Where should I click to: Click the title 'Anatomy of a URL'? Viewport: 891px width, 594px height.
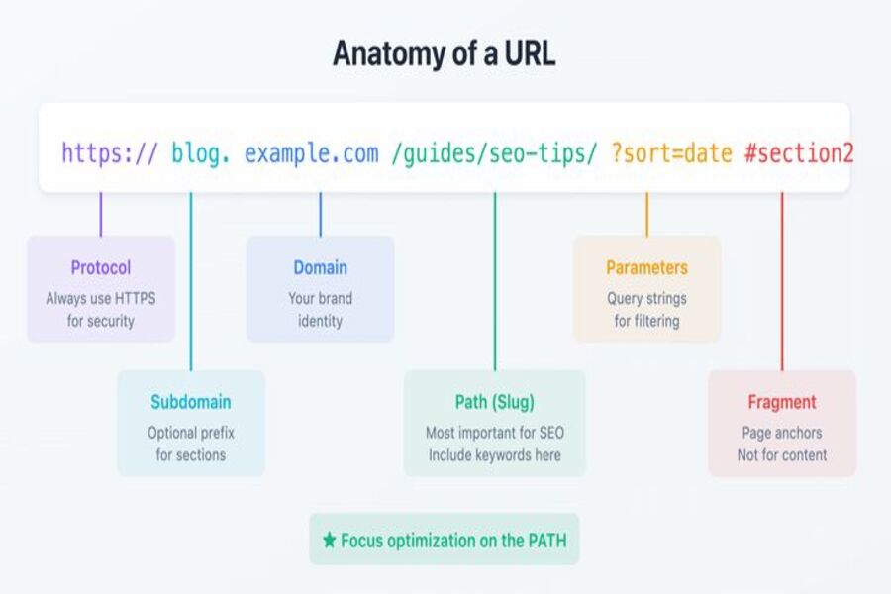click(x=444, y=53)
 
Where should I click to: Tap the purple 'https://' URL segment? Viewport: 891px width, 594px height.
click(x=109, y=153)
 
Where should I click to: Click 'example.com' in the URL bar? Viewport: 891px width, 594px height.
click(x=311, y=153)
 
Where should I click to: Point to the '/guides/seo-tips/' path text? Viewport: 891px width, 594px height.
click(x=495, y=153)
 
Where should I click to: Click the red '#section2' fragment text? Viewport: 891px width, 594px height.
click(x=799, y=153)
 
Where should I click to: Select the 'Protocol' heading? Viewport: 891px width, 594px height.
click(x=100, y=267)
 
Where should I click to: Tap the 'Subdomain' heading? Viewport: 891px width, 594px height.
click(x=191, y=402)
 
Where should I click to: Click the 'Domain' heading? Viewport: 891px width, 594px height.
click(x=320, y=267)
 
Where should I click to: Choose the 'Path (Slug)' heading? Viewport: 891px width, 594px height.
click(x=494, y=402)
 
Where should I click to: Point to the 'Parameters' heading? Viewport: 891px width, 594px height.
click(x=646, y=267)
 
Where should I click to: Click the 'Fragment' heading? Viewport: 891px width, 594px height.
click(x=782, y=402)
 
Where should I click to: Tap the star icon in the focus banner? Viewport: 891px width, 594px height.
click(x=330, y=541)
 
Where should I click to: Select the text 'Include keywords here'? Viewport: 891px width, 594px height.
click(x=494, y=455)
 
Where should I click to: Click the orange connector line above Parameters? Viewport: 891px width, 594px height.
click(x=646, y=214)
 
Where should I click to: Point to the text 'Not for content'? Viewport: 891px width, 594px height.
click(x=782, y=455)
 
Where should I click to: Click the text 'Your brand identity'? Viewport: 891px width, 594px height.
click(x=320, y=309)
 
